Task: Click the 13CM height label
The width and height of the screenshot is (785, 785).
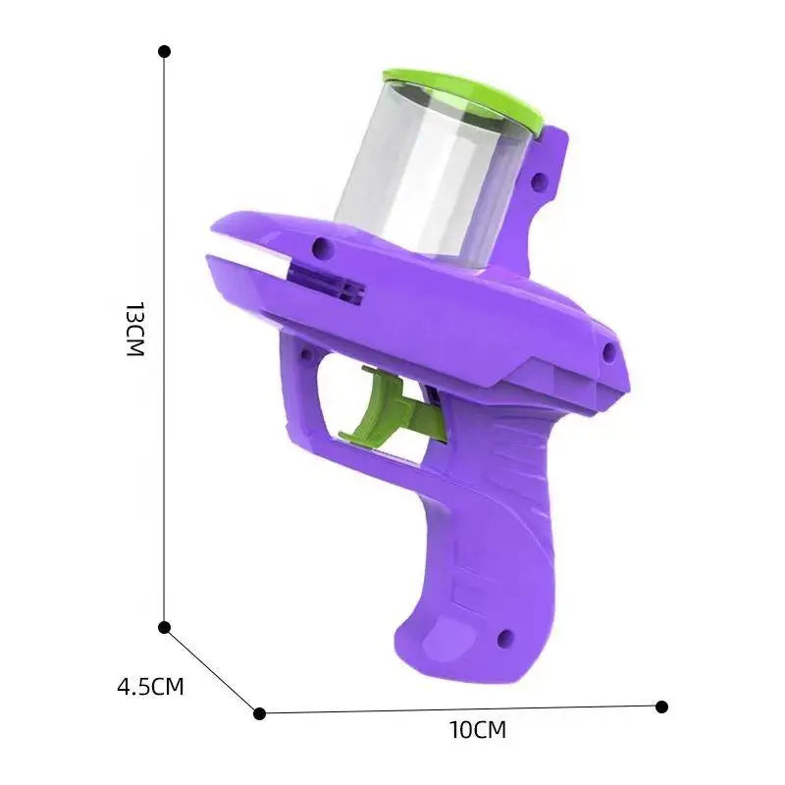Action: pos(134,330)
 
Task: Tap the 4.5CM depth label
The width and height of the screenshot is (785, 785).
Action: pos(150,686)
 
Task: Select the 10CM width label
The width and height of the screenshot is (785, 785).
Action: pos(477,730)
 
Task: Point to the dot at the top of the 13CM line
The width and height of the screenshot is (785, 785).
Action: pos(164,50)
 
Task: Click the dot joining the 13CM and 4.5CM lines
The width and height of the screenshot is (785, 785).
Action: pos(164,627)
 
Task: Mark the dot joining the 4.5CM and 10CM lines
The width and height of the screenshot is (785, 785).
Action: pos(259,713)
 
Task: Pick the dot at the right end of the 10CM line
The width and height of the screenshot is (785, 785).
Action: pos(661,706)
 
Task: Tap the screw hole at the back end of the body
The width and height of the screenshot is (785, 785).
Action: pos(608,349)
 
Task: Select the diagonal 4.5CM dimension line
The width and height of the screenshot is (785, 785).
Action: pos(211,670)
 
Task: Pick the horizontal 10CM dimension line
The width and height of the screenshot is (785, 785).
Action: pos(461,709)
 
